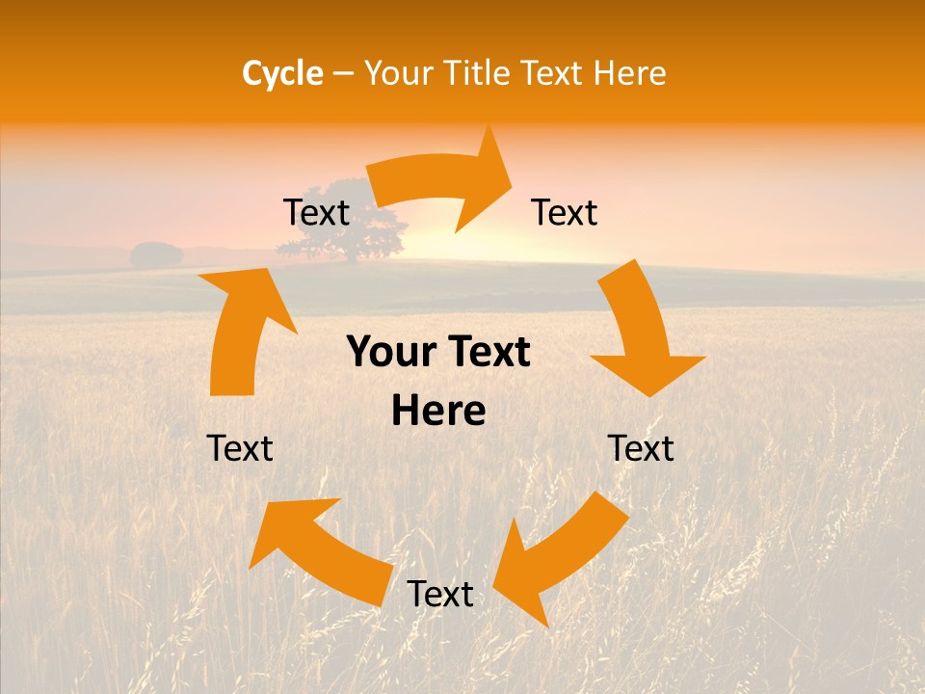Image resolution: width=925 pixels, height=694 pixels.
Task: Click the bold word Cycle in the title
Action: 282,73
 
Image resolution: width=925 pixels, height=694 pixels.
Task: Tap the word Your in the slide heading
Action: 400,73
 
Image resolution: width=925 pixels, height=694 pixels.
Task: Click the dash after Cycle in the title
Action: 343,73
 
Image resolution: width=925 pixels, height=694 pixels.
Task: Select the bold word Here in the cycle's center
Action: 438,411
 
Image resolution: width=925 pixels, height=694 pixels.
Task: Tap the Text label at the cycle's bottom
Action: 440,595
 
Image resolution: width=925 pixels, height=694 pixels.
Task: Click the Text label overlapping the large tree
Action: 316,212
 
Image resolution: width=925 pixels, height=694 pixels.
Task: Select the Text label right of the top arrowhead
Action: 565,212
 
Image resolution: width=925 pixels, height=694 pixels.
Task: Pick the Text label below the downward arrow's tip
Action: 641,448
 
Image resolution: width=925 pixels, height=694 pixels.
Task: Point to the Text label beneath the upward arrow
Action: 240,448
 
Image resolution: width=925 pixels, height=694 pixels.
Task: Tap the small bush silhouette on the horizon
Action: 156,255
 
